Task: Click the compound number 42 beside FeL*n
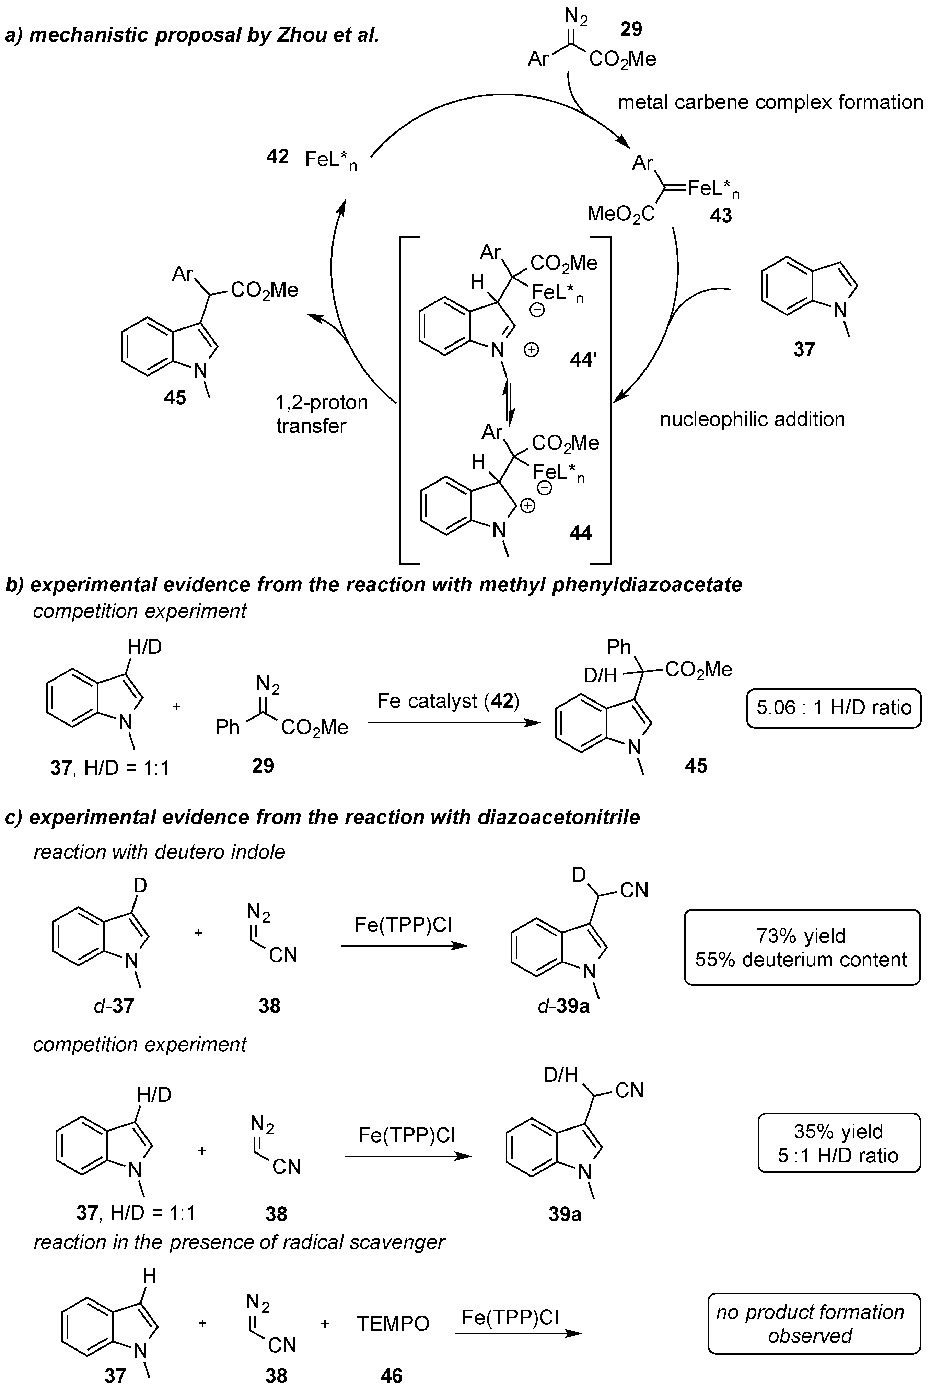point(277,157)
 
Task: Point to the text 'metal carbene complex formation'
point(770,102)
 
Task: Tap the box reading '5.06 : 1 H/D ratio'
point(834,708)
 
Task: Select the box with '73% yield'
point(802,947)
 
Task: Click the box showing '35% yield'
point(838,1143)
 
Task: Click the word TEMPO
point(393,1323)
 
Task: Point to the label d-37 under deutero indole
point(113,1005)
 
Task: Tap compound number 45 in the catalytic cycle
point(175,397)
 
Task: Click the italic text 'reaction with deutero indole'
point(159,852)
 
